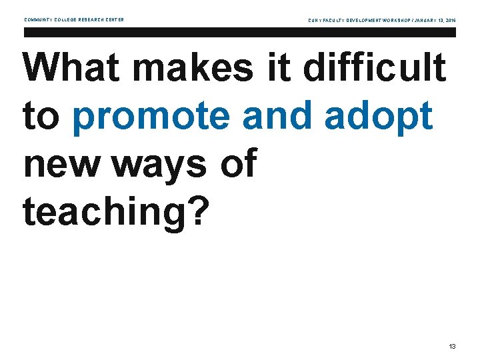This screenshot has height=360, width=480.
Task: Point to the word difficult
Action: pyautogui.click(x=375, y=68)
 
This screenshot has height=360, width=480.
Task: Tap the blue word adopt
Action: pyautogui.click(x=380, y=117)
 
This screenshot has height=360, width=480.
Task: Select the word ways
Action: pyautogui.click(x=159, y=165)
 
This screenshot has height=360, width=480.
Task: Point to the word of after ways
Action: pyautogui.click(x=238, y=164)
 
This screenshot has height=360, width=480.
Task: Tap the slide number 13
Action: pyautogui.click(x=453, y=347)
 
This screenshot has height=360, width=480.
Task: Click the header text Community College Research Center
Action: pyautogui.click(x=74, y=20)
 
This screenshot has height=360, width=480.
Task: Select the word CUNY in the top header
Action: pyautogui.click(x=315, y=21)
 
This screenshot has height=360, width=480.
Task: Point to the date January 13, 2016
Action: pyautogui.click(x=433, y=21)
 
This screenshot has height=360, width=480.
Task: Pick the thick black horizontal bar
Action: pyautogui.click(x=239, y=32)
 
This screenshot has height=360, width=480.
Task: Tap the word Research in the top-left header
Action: pyautogui.click(x=93, y=20)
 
